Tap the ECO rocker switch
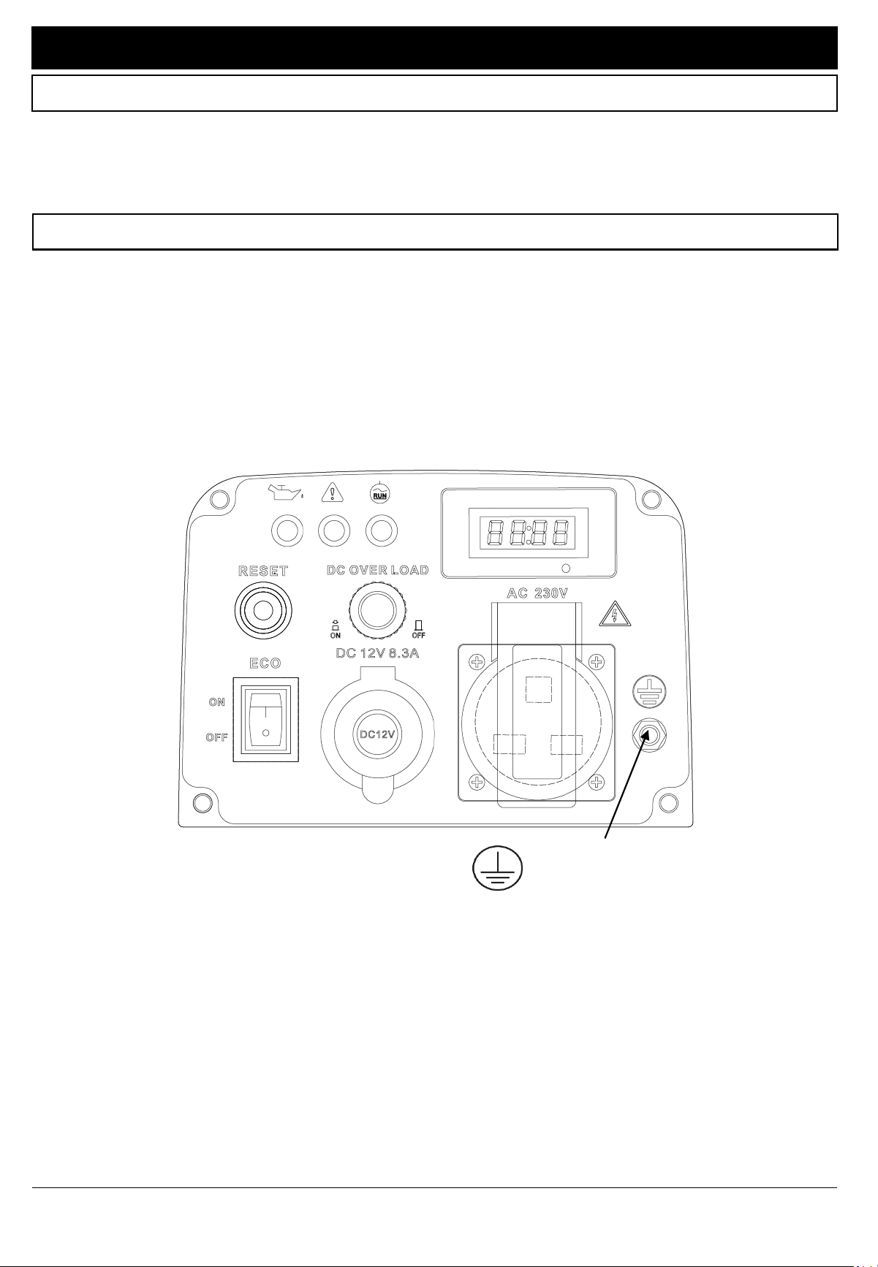(265, 720)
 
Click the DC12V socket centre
(378, 734)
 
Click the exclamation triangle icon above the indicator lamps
(333, 493)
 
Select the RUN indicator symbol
(380, 493)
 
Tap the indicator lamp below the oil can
(287, 529)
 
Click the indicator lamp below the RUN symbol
(382, 529)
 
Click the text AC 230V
(537, 593)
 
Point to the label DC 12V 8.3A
(377, 652)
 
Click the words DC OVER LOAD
(377, 570)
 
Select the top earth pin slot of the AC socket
(539, 688)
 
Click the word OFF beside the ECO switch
(216, 737)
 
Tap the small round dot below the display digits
(565, 568)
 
